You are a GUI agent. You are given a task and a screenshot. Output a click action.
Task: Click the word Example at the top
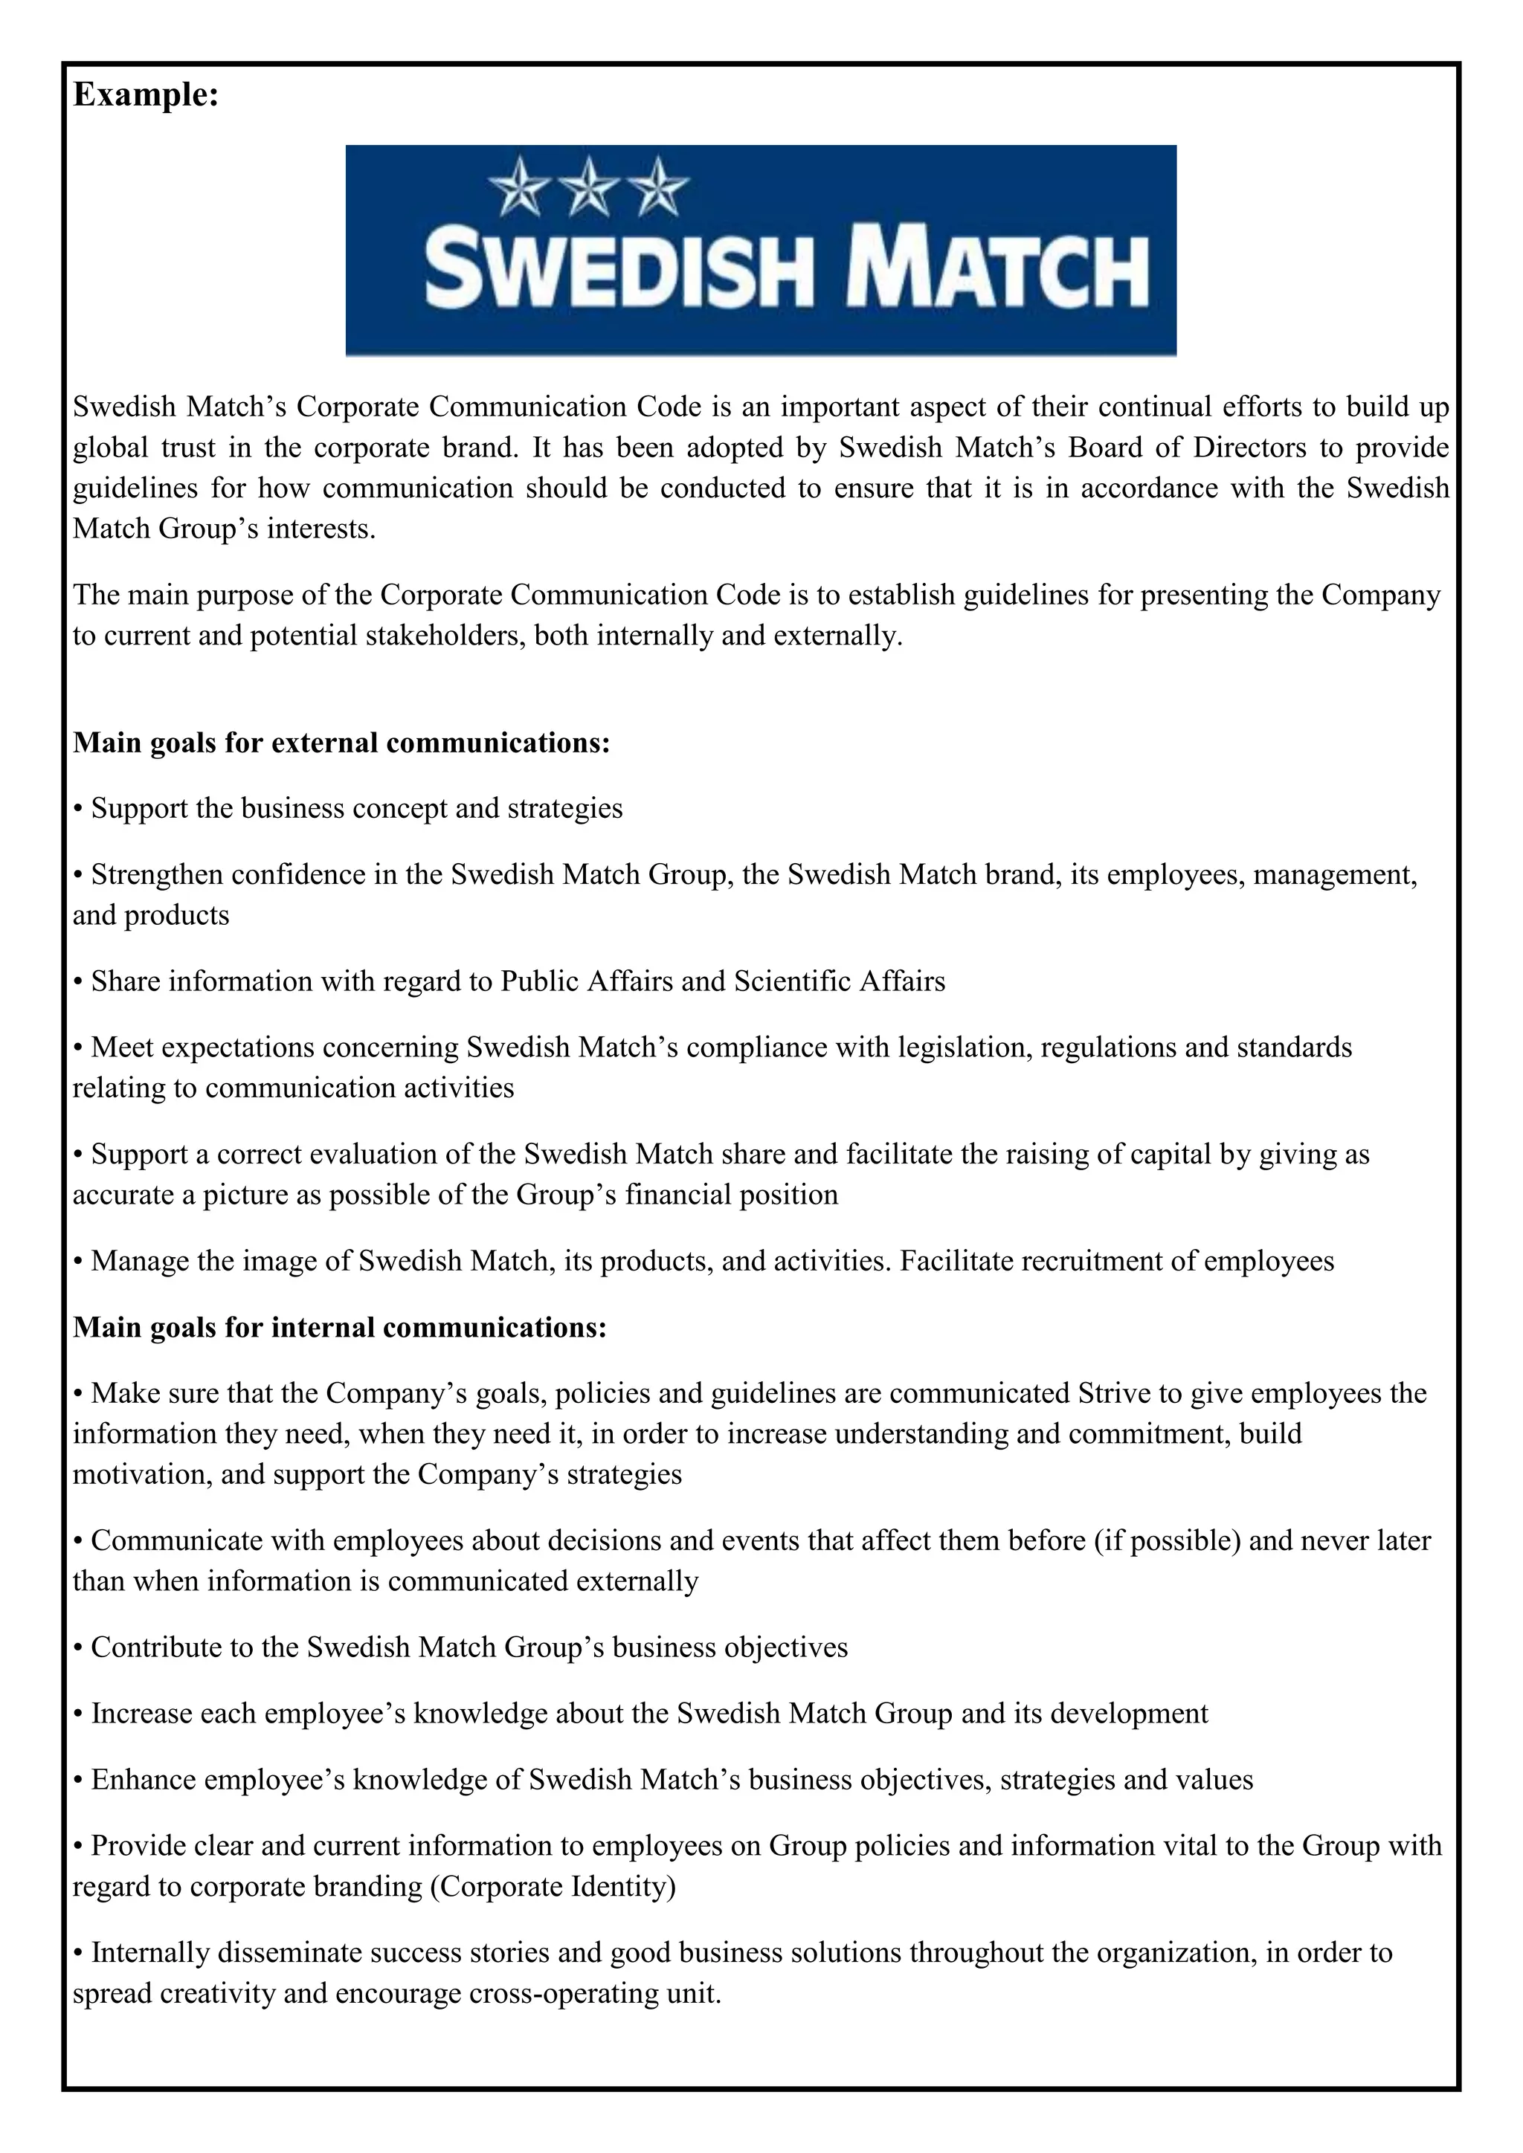coord(145,94)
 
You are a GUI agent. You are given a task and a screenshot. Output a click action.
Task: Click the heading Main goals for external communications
coord(341,743)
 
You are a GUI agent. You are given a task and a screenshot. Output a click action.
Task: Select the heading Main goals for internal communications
coord(340,1327)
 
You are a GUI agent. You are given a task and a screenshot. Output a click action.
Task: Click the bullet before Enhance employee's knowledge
coord(79,1781)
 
